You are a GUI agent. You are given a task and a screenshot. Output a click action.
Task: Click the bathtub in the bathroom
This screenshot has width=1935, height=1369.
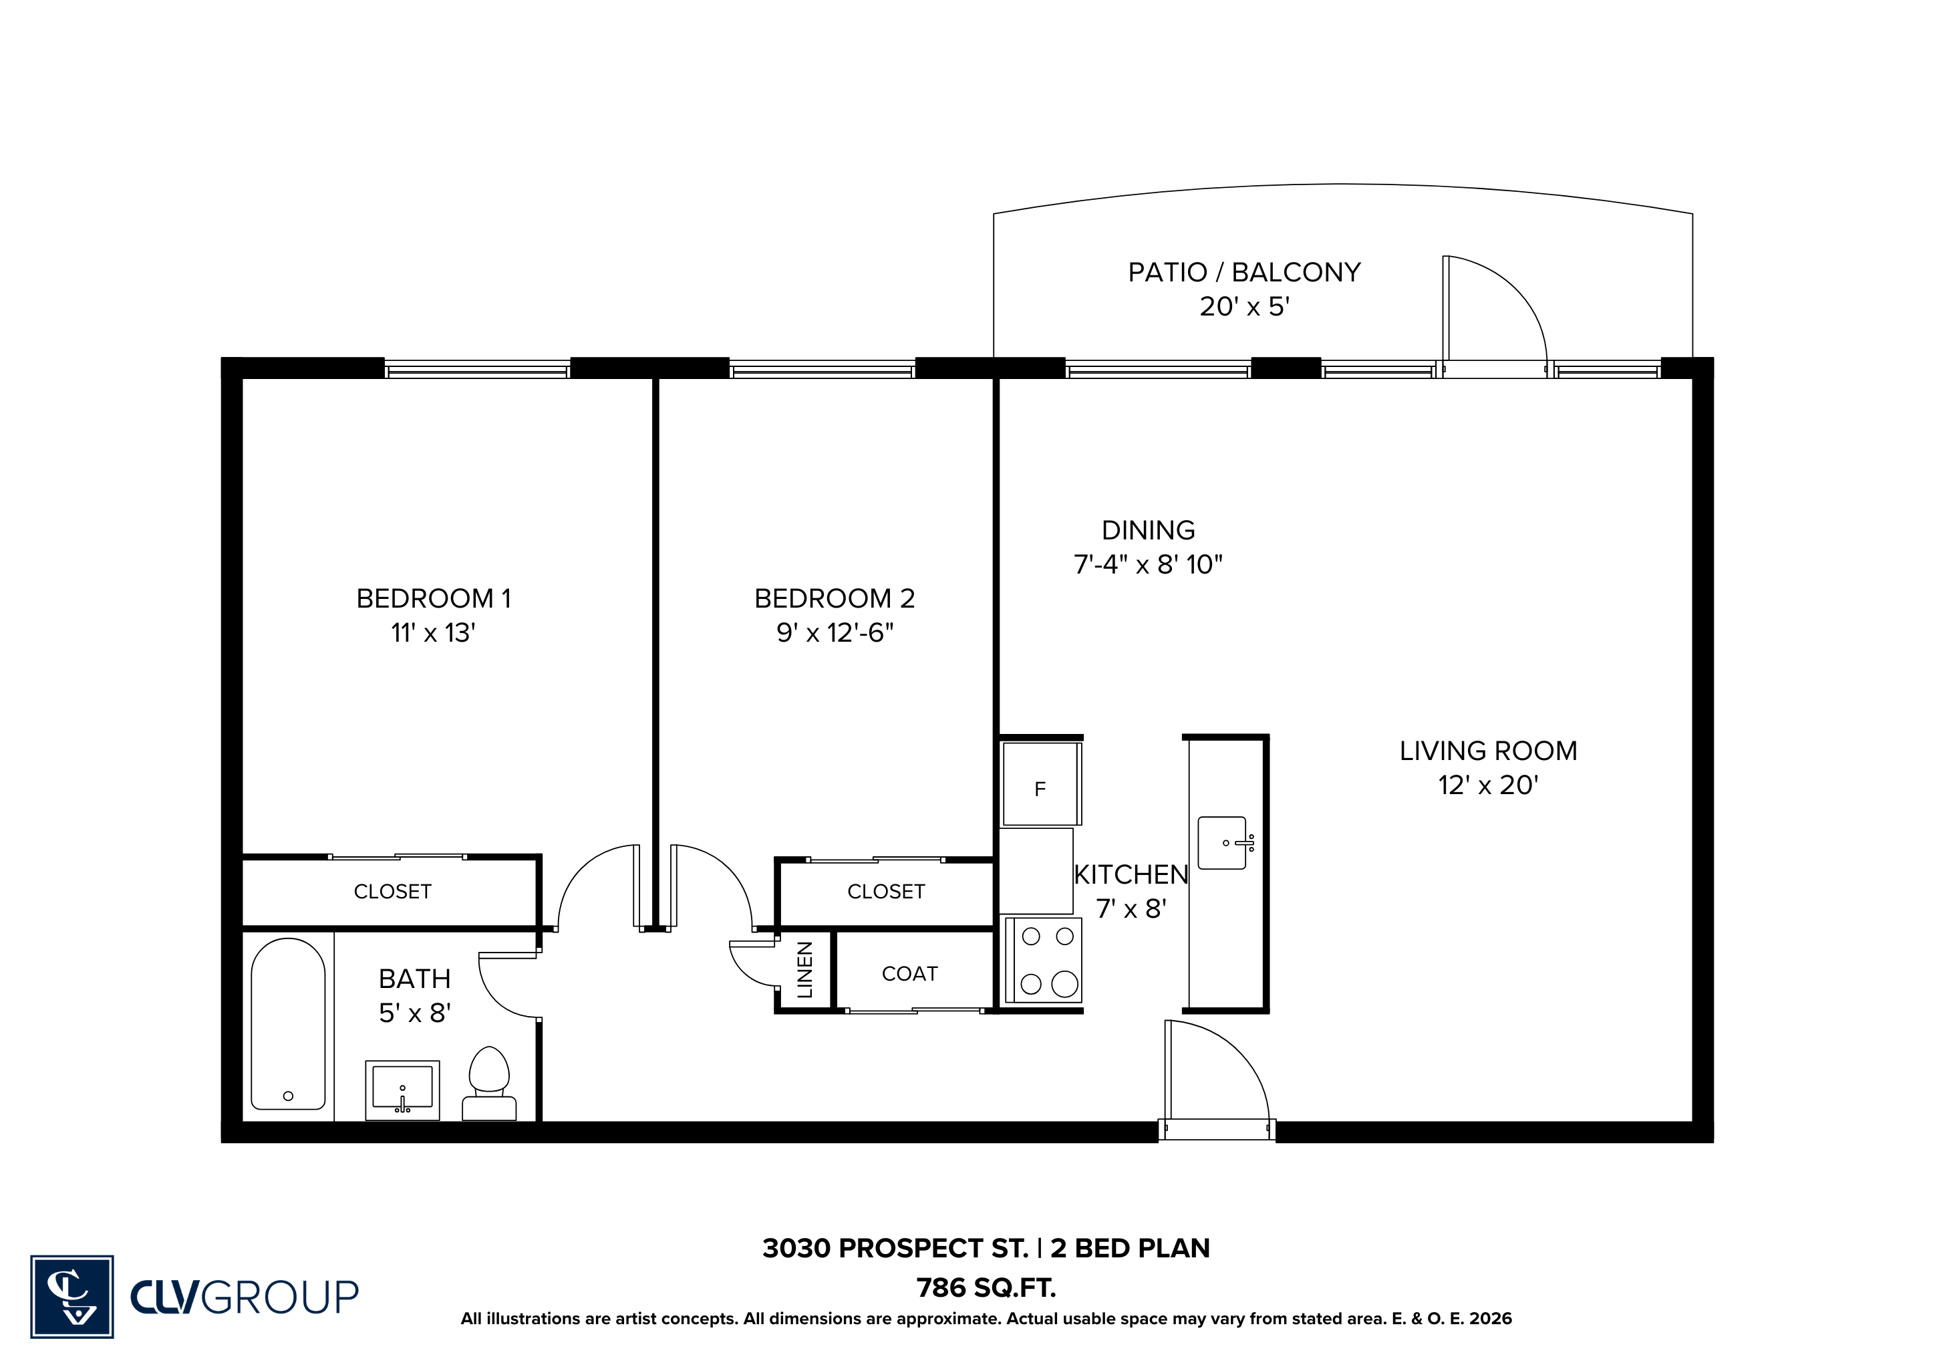tap(288, 1023)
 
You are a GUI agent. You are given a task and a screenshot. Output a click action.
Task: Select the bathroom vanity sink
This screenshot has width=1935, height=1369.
tap(402, 1090)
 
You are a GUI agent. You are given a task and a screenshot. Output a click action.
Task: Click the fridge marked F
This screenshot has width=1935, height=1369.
tap(1040, 784)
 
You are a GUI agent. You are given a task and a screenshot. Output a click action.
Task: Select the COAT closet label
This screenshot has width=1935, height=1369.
tap(909, 974)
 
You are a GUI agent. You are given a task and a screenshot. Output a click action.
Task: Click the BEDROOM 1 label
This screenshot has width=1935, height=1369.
tap(433, 598)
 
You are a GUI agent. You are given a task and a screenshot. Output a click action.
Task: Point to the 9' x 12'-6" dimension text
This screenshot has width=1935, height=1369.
tap(835, 632)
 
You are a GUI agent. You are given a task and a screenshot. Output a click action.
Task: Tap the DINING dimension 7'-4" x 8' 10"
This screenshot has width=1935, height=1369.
tap(1148, 564)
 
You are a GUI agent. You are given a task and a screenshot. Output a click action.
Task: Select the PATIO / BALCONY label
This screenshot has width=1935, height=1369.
tap(1244, 272)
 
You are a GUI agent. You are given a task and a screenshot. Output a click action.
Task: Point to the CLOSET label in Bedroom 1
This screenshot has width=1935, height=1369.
tap(393, 891)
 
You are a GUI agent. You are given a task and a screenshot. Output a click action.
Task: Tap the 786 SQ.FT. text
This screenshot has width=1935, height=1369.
tap(986, 1287)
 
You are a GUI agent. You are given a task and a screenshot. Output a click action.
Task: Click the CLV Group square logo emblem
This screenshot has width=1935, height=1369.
tap(72, 1295)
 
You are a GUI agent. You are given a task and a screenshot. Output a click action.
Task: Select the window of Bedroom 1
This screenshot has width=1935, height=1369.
tap(478, 368)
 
